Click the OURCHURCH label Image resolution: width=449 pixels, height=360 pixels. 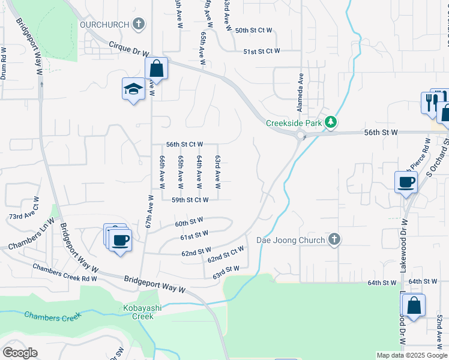(105, 25)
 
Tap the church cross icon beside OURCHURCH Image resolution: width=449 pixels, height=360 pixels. (139, 25)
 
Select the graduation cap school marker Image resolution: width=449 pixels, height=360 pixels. (133, 90)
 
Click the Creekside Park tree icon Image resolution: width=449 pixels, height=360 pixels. (330, 122)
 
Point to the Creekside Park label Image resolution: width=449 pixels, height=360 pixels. (294, 123)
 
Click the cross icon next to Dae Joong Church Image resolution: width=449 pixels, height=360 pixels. (334, 240)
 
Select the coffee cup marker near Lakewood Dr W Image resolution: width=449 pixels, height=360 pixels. (406, 181)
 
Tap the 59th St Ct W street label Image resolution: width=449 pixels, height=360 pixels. (190, 200)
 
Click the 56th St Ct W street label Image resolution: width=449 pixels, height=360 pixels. (185, 145)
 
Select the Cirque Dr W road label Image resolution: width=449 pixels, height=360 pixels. (128, 47)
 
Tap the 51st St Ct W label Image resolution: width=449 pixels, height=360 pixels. (262, 52)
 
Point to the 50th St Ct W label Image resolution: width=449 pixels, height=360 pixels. (254, 30)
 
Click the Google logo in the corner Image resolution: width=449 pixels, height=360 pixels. (20, 353)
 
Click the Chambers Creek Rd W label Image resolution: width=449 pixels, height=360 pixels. (65, 273)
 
